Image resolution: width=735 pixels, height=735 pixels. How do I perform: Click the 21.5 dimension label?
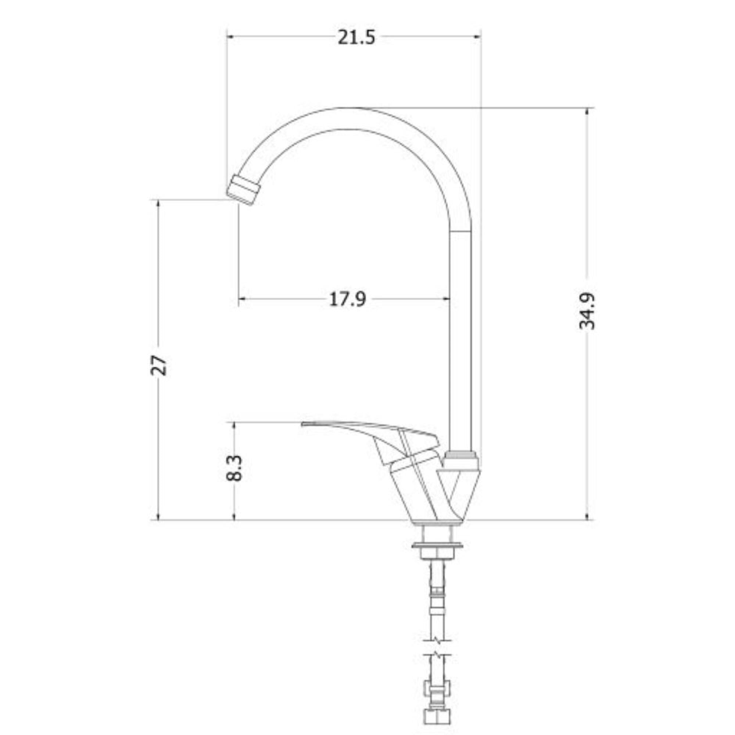(x=356, y=37)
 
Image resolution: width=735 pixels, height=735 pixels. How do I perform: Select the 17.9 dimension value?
(x=347, y=299)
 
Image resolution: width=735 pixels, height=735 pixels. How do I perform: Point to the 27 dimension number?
(x=159, y=366)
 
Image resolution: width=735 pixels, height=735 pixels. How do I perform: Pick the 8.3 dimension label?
(x=234, y=468)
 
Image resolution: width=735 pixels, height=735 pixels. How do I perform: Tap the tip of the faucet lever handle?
(x=303, y=424)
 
